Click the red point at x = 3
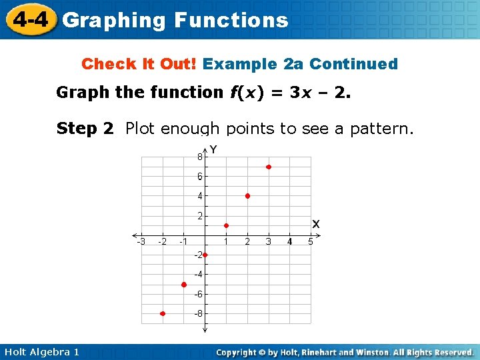pos(269,167)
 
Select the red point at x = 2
pos(247,196)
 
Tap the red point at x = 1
pos(226,225)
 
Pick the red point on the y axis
pos(205,255)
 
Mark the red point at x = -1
pos(184,285)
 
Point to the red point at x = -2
pos(163,313)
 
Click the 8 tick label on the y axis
pos(199,157)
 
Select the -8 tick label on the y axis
pos(199,313)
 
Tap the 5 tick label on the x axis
pos(311,241)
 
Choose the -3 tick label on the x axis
pos(141,241)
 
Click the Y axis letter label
pos(214,150)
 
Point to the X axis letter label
pos(315,224)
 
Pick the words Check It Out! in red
pos(139,64)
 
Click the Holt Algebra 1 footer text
pos(41,352)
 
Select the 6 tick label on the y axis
pos(199,177)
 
